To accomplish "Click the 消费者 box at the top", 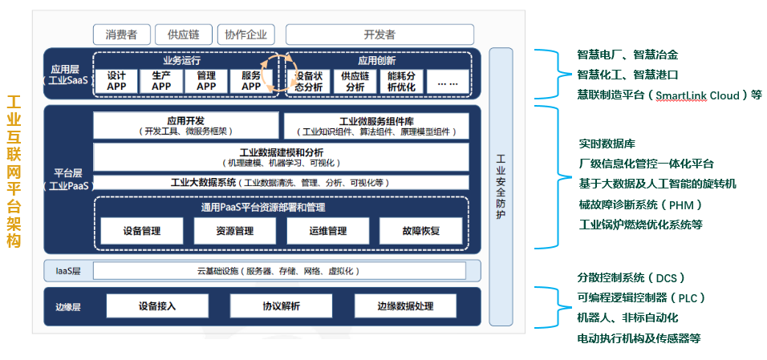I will (x=121, y=34).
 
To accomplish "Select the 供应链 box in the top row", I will (x=189, y=34).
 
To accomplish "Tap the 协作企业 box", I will (x=246, y=34).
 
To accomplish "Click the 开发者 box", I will (x=379, y=34).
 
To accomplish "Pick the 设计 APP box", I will (x=117, y=81).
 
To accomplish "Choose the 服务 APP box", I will (x=251, y=81).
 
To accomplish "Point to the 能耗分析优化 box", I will (x=401, y=81).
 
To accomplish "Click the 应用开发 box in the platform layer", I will (x=185, y=125).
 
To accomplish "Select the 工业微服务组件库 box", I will (x=375, y=125).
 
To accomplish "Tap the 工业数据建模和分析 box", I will (x=281, y=157).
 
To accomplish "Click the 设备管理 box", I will (x=142, y=231).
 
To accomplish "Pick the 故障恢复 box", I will (x=420, y=231).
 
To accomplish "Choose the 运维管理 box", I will (x=327, y=231).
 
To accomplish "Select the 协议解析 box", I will (x=281, y=306).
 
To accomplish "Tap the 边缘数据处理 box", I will (x=404, y=306).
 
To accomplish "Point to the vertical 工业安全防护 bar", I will (x=501, y=186).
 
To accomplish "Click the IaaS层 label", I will (x=68, y=271).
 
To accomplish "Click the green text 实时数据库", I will (x=607, y=144).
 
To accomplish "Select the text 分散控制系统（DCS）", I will (x=631, y=278).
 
